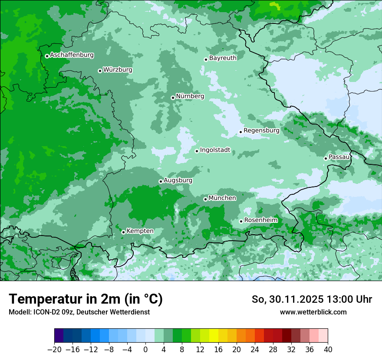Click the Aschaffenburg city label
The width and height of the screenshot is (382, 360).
point(72,55)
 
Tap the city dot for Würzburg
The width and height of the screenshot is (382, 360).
point(100,71)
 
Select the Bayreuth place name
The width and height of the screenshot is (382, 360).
point(223,58)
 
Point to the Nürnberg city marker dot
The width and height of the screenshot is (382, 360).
point(173,98)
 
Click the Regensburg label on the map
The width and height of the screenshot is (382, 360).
point(261,130)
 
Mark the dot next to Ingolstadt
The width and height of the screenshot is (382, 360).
point(197,151)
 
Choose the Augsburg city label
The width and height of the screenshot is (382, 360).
point(178,180)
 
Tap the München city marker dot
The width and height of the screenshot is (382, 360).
point(205,199)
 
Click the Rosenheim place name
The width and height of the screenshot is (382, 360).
point(260,220)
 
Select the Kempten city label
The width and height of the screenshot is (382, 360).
point(140,231)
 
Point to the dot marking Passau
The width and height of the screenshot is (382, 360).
point(326,158)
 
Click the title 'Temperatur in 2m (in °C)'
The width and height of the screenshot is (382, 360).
point(86,299)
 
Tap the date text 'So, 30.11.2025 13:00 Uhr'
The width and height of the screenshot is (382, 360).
point(312,299)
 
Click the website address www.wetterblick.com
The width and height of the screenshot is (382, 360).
point(313,312)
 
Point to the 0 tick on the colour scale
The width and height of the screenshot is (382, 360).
point(145,350)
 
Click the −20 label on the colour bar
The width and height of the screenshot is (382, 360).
point(54,350)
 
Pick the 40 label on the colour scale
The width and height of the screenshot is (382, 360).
point(328,350)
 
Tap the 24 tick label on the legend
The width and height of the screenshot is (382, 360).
point(255,350)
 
